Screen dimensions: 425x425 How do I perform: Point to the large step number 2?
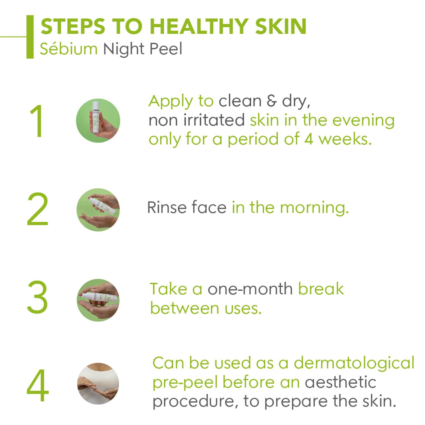click(37, 209)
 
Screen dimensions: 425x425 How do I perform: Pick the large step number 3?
click(37, 297)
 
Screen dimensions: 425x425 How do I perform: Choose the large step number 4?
click(37, 385)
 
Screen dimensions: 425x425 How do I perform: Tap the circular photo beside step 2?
click(98, 210)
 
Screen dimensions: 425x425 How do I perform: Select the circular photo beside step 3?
click(98, 300)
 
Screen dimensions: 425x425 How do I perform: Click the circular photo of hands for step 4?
click(98, 384)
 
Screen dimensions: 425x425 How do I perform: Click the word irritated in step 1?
click(214, 120)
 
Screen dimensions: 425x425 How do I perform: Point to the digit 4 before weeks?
click(309, 139)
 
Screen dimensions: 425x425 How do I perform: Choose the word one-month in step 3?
click(250, 289)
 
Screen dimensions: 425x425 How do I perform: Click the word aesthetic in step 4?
click(340, 382)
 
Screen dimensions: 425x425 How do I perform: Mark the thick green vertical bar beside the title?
click(30, 37)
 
